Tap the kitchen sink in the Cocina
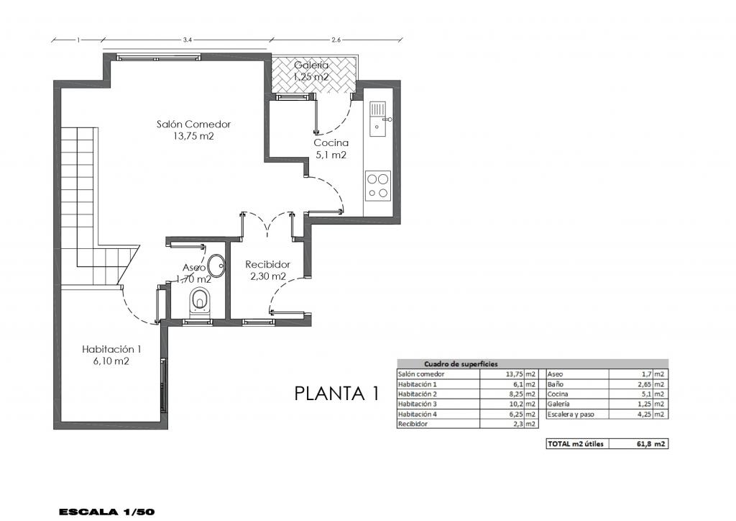(377, 119)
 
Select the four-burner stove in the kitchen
(378, 186)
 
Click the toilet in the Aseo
(201, 301)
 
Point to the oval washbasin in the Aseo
(216, 266)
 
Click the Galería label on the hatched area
(311, 65)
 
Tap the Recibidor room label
(267, 265)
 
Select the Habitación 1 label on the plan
(111, 349)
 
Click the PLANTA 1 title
(336, 394)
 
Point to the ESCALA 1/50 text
(107, 512)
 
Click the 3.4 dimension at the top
(188, 40)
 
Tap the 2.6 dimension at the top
(336, 40)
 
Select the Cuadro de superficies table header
(461, 364)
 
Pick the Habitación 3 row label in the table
(418, 404)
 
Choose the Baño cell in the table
(556, 384)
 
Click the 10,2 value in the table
(517, 404)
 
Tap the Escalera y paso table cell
(571, 414)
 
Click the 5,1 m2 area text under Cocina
(331, 155)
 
